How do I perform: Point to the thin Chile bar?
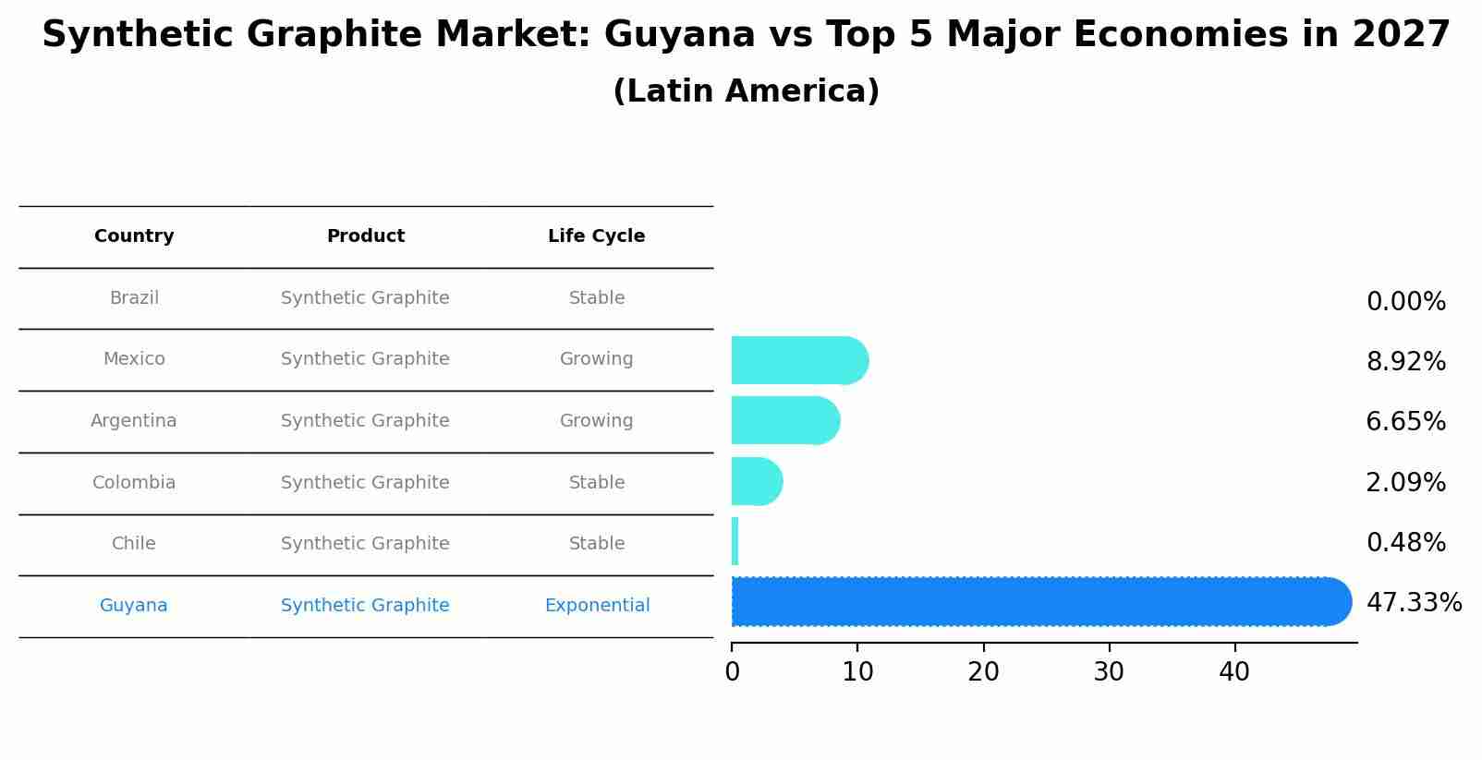[735, 542]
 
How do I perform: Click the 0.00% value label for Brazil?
[1405, 302]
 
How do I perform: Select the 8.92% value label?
[1405, 362]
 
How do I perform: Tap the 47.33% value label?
[1414, 603]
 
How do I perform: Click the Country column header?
[134, 236]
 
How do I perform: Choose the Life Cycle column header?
[596, 236]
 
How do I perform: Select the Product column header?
[365, 236]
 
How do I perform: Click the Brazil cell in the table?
[134, 298]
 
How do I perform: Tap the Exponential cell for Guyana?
[597, 606]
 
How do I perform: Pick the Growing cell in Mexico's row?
[596, 359]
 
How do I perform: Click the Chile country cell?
[134, 544]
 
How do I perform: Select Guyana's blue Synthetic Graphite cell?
[365, 606]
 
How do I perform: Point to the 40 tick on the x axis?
[1234, 672]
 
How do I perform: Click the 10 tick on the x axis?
[857, 672]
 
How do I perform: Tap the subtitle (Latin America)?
[746, 91]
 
